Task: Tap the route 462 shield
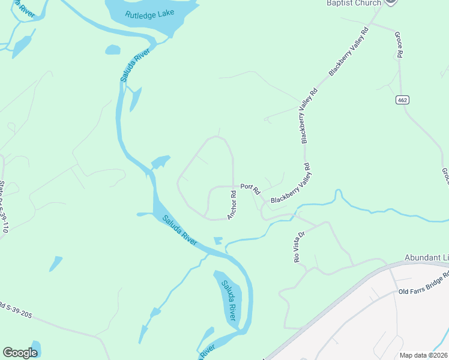[x=402, y=100]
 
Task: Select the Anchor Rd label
[x=233, y=205]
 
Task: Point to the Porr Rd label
[x=250, y=188]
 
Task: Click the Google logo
[x=20, y=353]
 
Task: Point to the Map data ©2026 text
[x=423, y=355]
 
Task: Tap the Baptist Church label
[x=354, y=3]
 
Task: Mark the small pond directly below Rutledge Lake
[x=113, y=50]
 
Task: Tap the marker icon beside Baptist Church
[x=391, y=2]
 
